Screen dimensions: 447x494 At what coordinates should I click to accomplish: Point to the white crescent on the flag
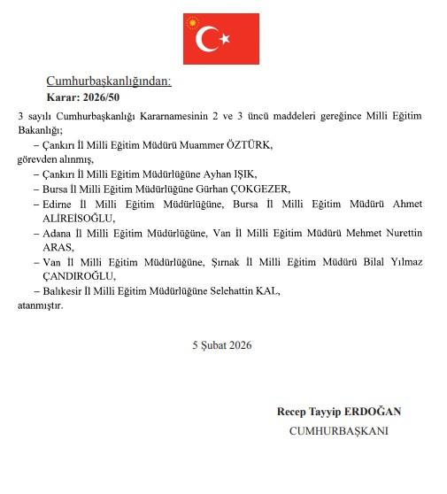click(208, 38)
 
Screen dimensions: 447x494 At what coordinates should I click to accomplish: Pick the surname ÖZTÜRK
click(253, 144)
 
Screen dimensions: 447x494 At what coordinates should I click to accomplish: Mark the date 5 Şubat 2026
click(221, 345)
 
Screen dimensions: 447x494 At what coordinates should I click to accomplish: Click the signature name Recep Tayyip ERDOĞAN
click(339, 412)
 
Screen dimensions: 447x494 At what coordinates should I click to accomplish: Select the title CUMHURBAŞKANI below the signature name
click(339, 430)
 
